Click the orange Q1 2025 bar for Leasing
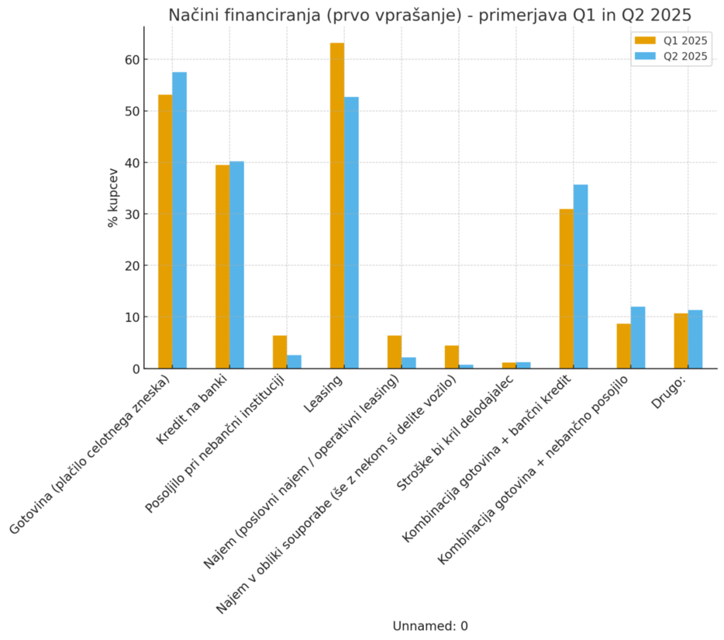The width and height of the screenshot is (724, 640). [337, 206]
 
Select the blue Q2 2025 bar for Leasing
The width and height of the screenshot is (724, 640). [351, 233]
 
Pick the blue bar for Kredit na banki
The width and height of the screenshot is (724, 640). [236, 265]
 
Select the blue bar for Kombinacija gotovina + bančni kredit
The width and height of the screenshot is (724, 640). [581, 276]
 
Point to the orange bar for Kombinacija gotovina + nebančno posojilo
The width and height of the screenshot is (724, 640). [623, 346]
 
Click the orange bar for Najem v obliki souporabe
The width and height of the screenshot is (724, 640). [452, 357]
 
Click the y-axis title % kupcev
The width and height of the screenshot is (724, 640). [113, 197]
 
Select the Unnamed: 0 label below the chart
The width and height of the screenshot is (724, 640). [430, 626]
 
